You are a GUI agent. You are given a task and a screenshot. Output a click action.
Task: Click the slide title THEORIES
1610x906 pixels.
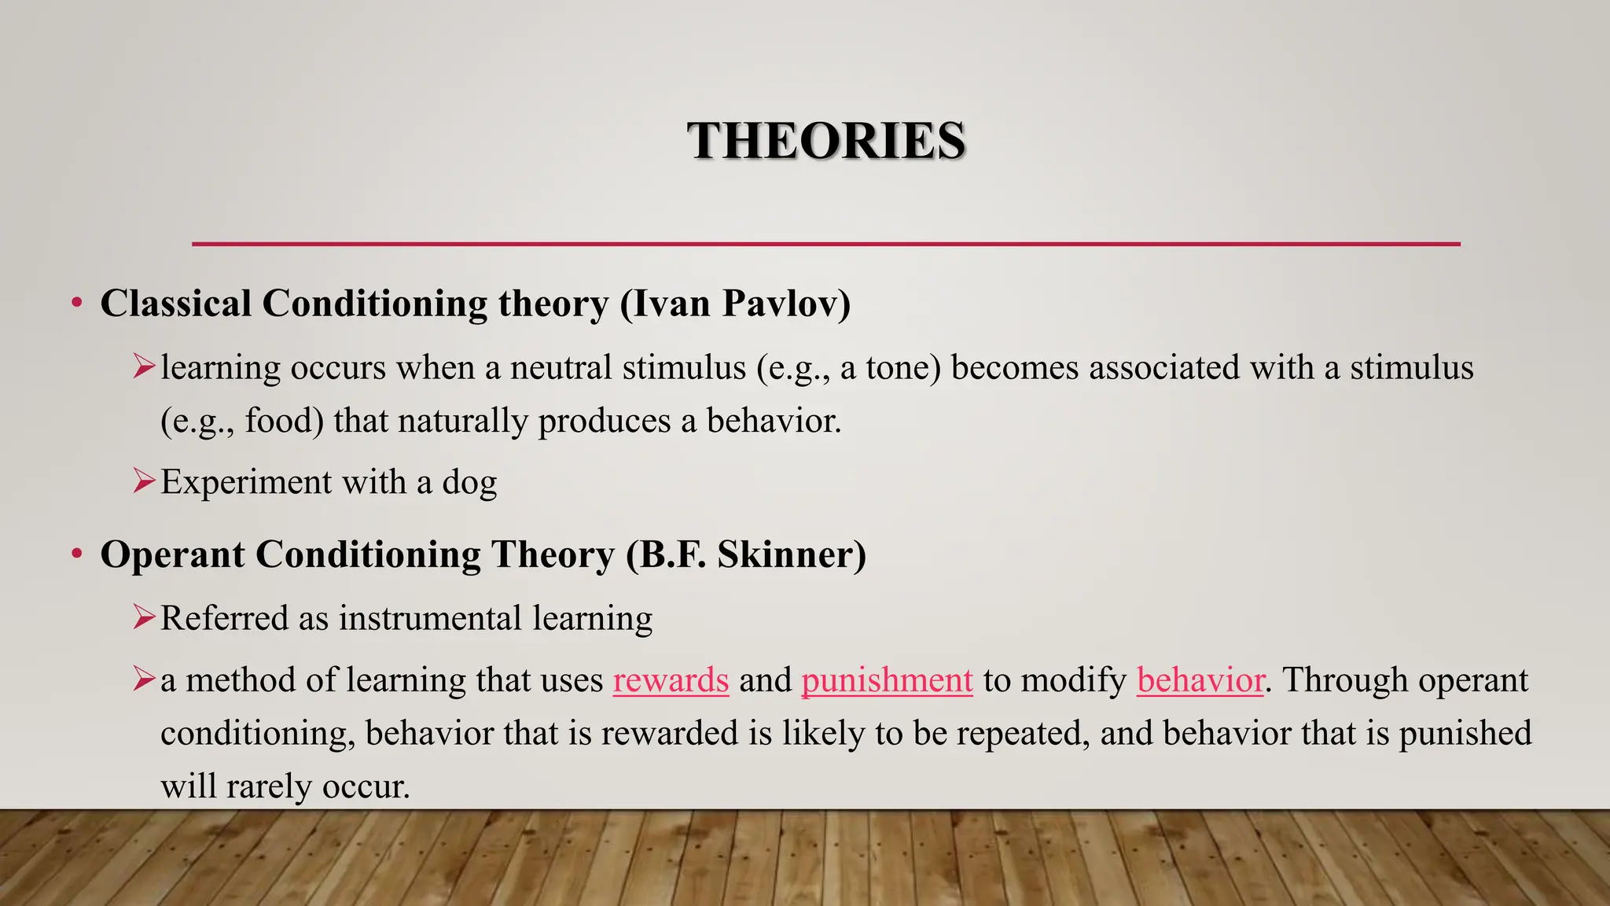pos(826,142)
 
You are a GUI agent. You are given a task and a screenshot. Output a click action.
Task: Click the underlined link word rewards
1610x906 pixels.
pos(671,680)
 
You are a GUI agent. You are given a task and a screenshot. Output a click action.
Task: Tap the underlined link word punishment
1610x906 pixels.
pos(887,680)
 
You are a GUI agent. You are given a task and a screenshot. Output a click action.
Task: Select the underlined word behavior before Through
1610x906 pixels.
pos(1200,680)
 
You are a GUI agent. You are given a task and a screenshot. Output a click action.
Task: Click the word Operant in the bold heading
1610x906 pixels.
pos(172,554)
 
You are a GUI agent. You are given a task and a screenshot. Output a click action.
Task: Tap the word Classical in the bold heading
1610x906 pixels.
pos(176,304)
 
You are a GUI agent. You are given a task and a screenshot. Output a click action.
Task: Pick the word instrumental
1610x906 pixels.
pos(430,618)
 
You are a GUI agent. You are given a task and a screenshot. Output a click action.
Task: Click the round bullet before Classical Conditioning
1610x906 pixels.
pos(76,304)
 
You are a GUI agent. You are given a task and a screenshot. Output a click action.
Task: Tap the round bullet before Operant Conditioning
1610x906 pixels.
pos(76,554)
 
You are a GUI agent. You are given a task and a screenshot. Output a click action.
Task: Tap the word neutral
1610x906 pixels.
pos(561,368)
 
